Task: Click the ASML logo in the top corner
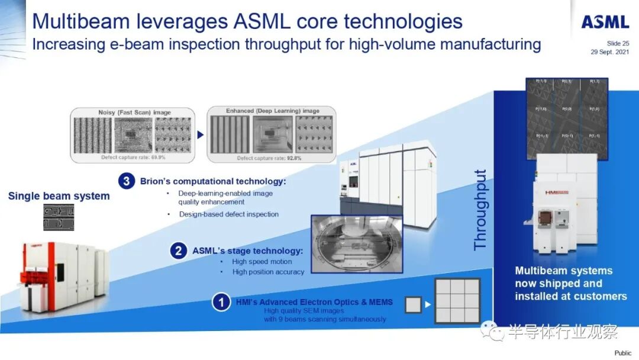tap(605, 22)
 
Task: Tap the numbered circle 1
tap(221, 303)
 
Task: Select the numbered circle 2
tap(178, 250)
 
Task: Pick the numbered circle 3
tap(127, 181)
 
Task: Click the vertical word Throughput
tap(480, 210)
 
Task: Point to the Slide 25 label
tap(618, 43)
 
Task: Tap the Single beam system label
tap(59, 196)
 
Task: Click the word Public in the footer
tap(622, 353)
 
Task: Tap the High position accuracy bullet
tap(268, 272)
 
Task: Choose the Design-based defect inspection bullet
tap(229, 214)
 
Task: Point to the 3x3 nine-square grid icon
tap(457, 301)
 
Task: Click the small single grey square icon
tap(413, 305)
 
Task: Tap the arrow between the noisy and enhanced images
tap(200, 134)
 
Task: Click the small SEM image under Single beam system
tap(59, 217)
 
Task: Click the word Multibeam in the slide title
tap(79, 21)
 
